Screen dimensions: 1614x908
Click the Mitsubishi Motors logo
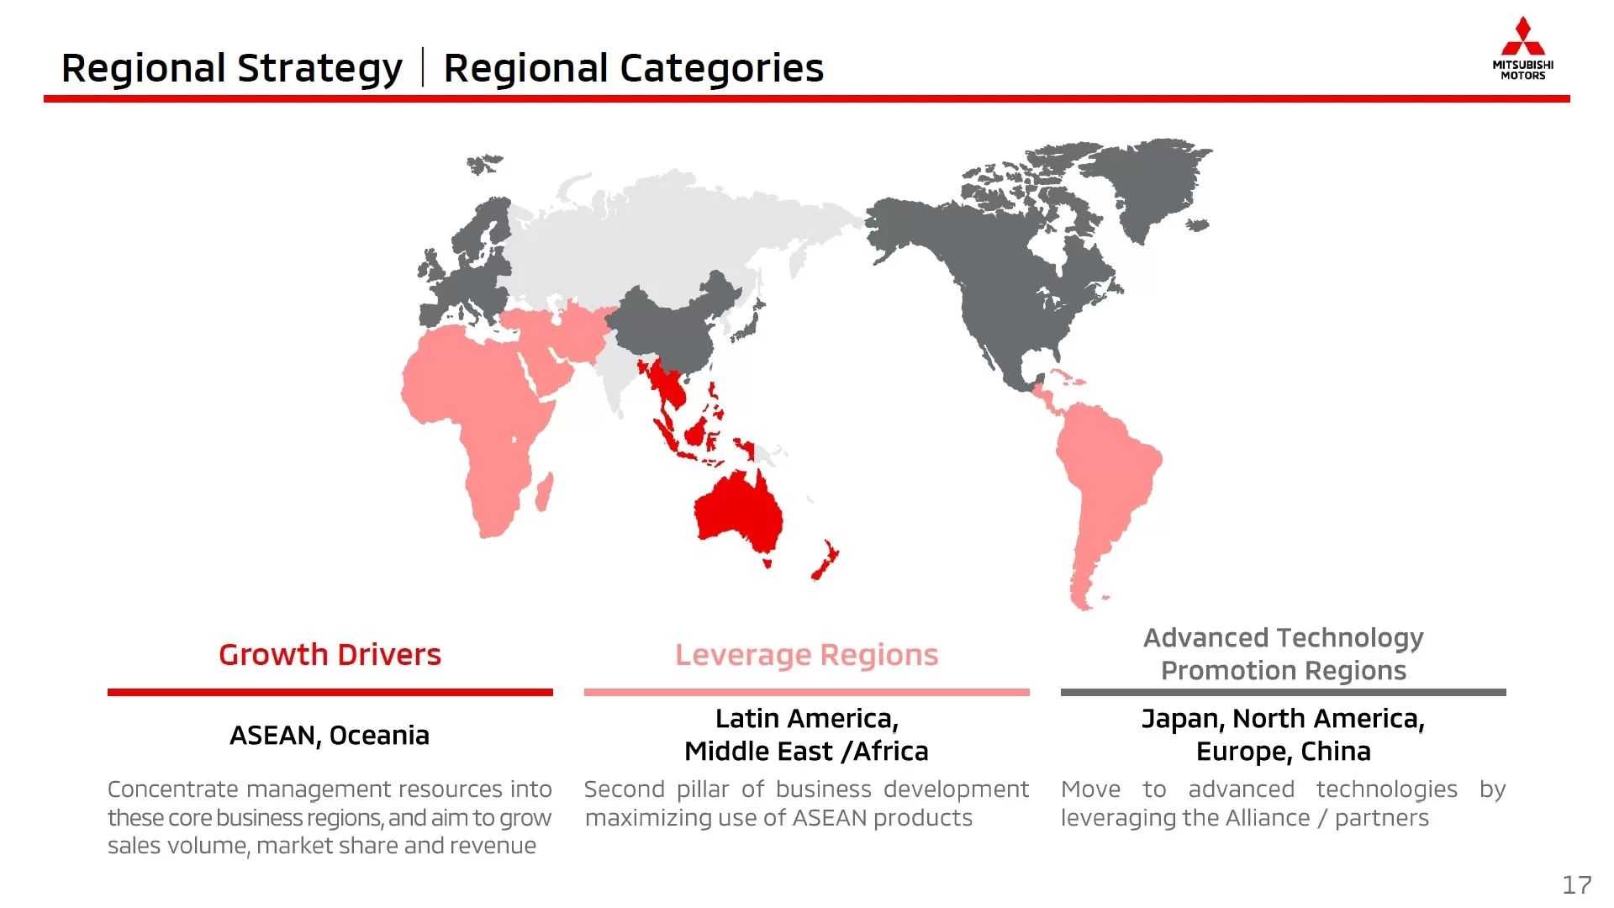pyautogui.click(x=1522, y=48)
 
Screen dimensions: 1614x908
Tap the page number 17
pyautogui.click(x=1577, y=884)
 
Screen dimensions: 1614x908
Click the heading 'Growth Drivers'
pyautogui.click(x=330, y=654)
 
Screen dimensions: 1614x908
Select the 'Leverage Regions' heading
pyautogui.click(x=806, y=655)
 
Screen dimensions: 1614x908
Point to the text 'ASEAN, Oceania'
pyautogui.click(x=330, y=736)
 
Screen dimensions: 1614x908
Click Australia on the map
pyautogui.click(x=738, y=513)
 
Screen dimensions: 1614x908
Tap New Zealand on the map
pyautogui.click(x=825, y=560)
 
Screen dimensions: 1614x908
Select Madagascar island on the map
pyautogui.click(x=545, y=491)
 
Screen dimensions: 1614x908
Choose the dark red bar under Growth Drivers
pyautogui.click(x=330, y=692)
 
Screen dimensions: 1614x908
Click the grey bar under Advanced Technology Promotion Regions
pyautogui.click(x=1284, y=692)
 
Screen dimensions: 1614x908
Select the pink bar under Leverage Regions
pyautogui.click(x=807, y=692)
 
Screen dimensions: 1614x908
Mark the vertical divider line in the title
pyautogui.click(x=423, y=67)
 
